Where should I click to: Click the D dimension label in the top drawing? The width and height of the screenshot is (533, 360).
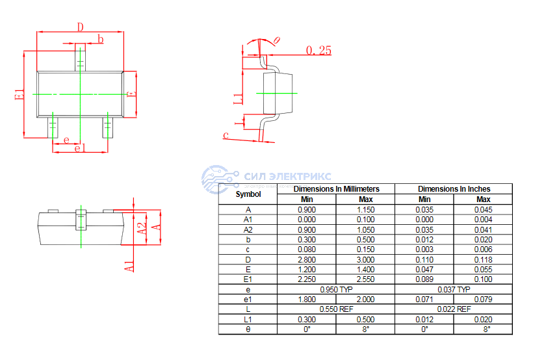pyautogui.click(x=81, y=27)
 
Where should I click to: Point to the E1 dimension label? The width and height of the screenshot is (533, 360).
pyautogui.click(x=19, y=94)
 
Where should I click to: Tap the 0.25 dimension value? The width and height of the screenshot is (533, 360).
pyautogui.click(x=318, y=50)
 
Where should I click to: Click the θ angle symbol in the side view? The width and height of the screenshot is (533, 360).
pyautogui.click(x=276, y=40)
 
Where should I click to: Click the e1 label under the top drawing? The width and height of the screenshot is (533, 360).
pyautogui.click(x=80, y=148)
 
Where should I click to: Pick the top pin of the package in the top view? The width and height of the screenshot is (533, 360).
pyautogui.click(x=80, y=57)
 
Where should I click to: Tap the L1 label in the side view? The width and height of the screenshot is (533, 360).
pyautogui.click(x=238, y=99)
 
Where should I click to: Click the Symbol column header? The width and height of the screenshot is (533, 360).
pyautogui.click(x=248, y=194)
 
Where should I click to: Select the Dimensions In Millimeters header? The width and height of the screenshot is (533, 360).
pyautogui.click(x=336, y=188)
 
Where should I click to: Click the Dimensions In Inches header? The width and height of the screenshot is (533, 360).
pyautogui.click(x=454, y=188)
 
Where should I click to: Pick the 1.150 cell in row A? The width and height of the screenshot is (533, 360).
pyautogui.click(x=366, y=209)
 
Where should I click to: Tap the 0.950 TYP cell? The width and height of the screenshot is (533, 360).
pyautogui.click(x=336, y=289)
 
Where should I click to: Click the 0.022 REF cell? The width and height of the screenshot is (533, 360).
pyautogui.click(x=454, y=309)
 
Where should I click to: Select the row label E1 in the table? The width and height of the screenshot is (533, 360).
pyautogui.click(x=248, y=279)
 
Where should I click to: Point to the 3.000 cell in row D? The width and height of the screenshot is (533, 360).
pyautogui.click(x=366, y=259)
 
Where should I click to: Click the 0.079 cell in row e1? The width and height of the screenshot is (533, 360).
pyautogui.click(x=483, y=299)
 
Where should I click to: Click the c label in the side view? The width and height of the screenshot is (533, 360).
pyautogui.click(x=226, y=135)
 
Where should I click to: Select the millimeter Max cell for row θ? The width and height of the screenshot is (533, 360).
pyautogui.click(x=366, y=329)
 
